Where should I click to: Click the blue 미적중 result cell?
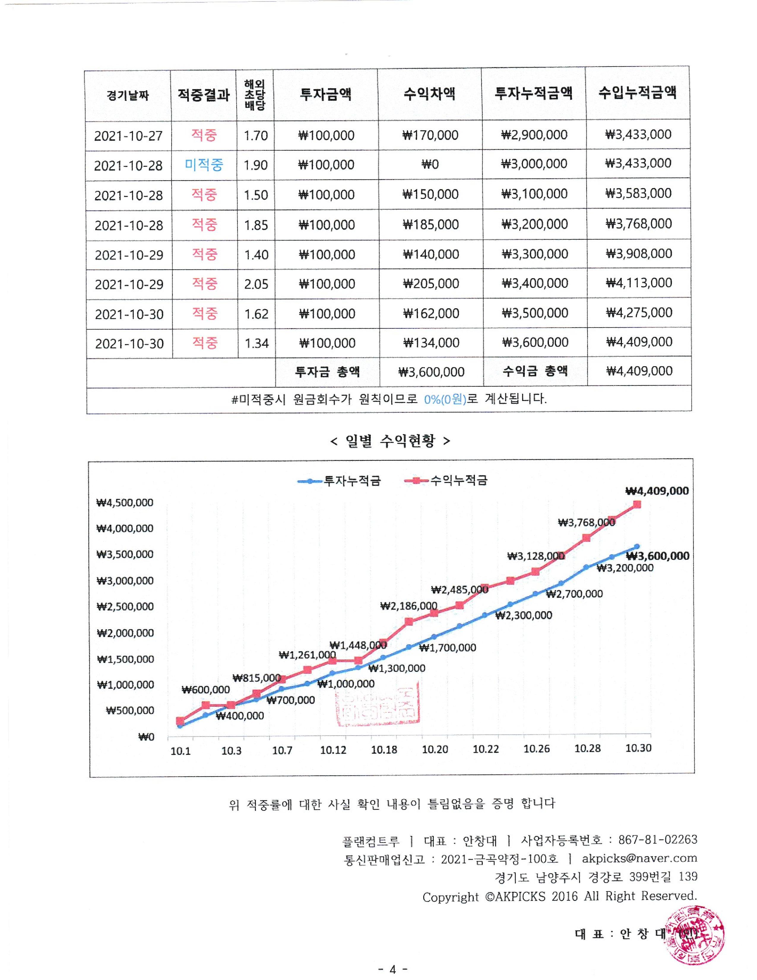click(204, 165)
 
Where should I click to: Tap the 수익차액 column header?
click(429, 94)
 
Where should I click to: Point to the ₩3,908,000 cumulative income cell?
click(639, 254)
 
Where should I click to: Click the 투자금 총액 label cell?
click(327, 372)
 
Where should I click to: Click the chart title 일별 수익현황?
click(390, 441)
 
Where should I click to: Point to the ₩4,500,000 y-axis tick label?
click(125, 502)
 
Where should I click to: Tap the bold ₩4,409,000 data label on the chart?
click(657, 491)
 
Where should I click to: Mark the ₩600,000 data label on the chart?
click(205, 690)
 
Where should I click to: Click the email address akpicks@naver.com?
click(639, 859)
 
